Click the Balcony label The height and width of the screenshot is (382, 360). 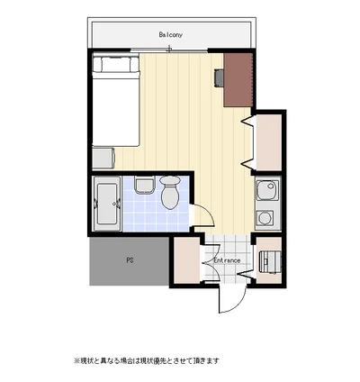click(x=170, y=35)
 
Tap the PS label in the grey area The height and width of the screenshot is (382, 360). click(x=130, y=260)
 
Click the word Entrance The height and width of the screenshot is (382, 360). click(x=227, y=260)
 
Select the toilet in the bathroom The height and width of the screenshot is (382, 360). click(x=170, y=193)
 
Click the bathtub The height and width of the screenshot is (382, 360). click(x=107, y=204)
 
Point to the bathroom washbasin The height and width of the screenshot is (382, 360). click(x=144, y=186)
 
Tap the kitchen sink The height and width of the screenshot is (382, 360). click(x=267, y=190)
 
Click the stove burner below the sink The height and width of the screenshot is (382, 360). click(x=265, y=217)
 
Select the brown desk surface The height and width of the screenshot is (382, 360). click(x=238, y=80)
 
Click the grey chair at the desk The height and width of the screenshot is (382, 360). click(x=219, y=77)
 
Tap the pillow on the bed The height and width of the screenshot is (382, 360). click(x=116, y=64)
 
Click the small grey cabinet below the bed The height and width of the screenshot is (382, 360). click(x=103, y=158)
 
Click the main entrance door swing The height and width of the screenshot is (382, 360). click(x=232, y=299)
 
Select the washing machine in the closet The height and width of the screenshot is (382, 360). click(x=270, y=262)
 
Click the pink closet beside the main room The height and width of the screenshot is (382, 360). click(x=268, y=142)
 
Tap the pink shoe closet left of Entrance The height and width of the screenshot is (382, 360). click(x=187, y=260)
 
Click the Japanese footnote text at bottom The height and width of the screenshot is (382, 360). click(x=147, y=360)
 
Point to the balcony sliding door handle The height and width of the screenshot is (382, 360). click(x=170, y=49)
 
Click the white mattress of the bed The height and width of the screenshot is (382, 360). click(x=116, y=109)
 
